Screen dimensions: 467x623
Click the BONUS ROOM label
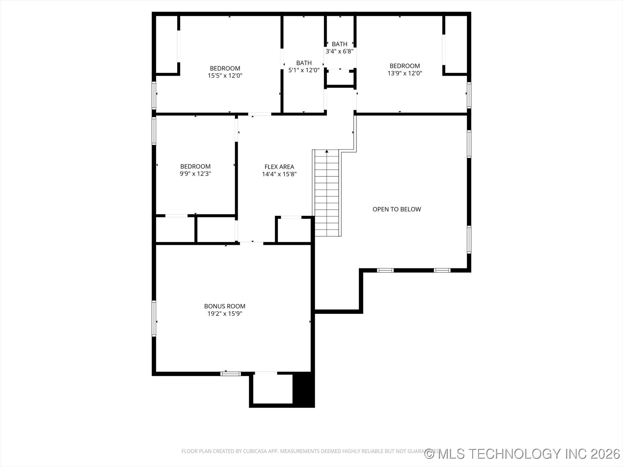[x=225, y=306]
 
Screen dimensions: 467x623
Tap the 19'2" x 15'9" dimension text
[x=225, y=314]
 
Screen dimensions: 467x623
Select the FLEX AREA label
[x=279, y=167]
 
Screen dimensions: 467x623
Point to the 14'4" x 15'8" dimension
[x=279, y=174]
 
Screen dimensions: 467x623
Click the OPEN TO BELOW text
[x=397, y=209]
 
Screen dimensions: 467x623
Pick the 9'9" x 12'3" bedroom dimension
[x=195, y=174]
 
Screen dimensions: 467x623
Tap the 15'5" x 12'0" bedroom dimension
[x=225, y=76]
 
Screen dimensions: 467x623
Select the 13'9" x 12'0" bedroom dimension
[x=405, y=73]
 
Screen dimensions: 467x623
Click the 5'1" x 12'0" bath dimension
[x=304, y=70]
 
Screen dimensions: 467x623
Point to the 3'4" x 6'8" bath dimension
[x=339, y=51]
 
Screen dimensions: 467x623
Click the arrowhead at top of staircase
[x=327, y=151]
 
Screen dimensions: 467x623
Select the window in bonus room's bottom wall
[x=231, y=374]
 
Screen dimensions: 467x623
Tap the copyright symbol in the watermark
[x=430, y=454]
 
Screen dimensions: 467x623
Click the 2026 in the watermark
[x=605, y=454]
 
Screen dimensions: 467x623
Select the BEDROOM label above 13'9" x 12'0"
[x=405, y=66]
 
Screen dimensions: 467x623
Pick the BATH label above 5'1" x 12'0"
[x=304, y=63]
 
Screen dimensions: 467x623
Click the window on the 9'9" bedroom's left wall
[x=154, y=130]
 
